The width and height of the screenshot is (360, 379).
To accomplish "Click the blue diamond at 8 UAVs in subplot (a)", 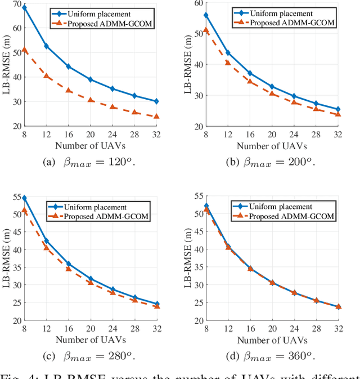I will point(24,7).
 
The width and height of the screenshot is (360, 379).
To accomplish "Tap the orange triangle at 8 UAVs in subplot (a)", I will point(24,50).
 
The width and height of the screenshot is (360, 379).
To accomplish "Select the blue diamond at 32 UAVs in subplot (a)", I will point(156,101).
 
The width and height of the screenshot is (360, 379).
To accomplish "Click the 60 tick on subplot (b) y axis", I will point(198,3).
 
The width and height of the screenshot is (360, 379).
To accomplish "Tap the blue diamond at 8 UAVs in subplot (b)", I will point(206,15).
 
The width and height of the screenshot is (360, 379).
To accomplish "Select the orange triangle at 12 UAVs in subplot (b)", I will point(228,63).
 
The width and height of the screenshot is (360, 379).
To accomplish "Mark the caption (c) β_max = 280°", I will point(91,356).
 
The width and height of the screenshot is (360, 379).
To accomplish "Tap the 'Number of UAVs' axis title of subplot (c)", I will point(91,340).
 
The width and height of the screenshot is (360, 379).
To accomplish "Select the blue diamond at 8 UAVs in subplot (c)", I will point(24,198).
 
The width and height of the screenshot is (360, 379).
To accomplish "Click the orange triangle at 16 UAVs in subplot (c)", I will point(69,269).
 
